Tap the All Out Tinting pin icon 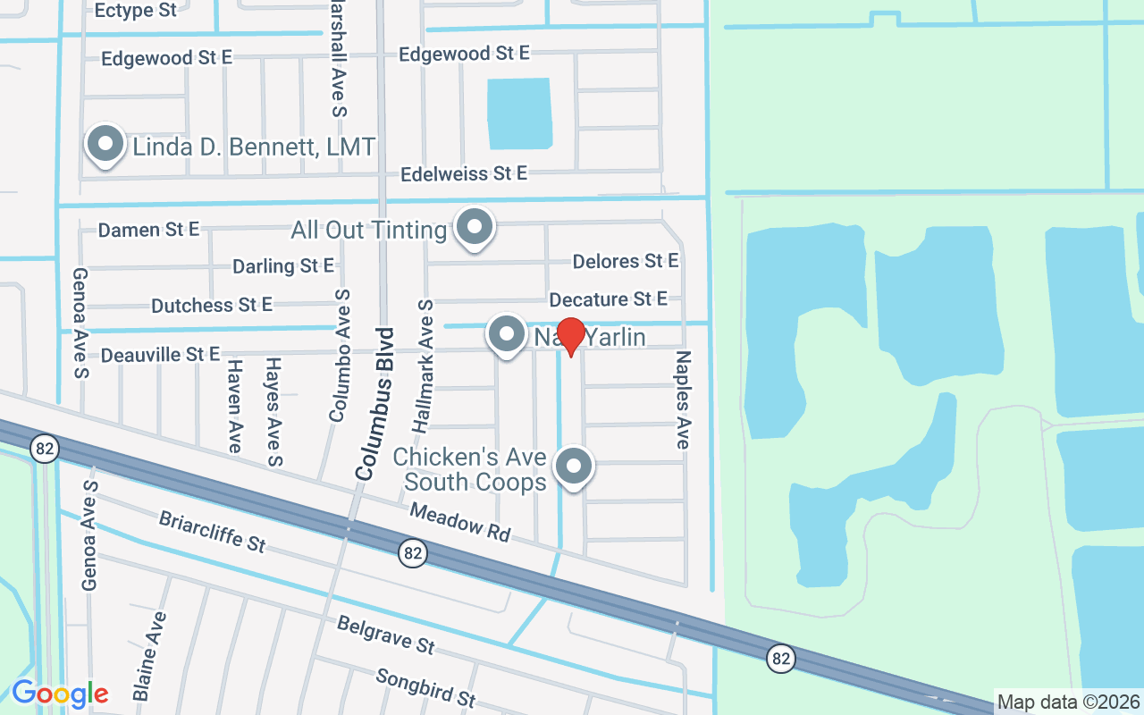[x=474, y=227]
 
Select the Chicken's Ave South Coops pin [x=574, y=466]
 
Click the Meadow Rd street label [x=460, y=521]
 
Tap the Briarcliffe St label [x=213, y=531]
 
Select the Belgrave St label [x=385, y=633]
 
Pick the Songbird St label [x=425, y=686]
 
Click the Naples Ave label [x=683, y=400]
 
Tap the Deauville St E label [x=160, y=355]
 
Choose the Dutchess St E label [x=212, y=306]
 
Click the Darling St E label [x=282, y=266]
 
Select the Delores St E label [x=626, y=261]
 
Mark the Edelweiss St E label [x=464, y=173]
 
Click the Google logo [x=60, y=693]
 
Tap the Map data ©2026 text [x=1068, y=702]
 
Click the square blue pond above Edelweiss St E [x=519, y=113]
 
